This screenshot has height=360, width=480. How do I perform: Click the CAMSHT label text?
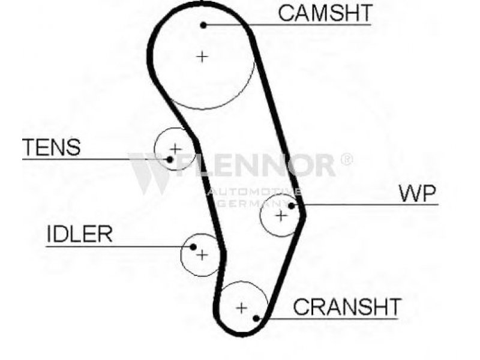tap(325, 13)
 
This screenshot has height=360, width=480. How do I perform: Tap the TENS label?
tap(52, 147)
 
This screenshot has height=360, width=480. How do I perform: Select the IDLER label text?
tap(80, 234)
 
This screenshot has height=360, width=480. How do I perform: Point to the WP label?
tap(418, 193)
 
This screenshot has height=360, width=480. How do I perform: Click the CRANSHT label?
tap(347, 307)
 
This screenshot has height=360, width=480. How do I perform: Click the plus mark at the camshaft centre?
tap(202, 56)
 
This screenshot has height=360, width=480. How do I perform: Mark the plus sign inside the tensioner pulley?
tap(176, 149)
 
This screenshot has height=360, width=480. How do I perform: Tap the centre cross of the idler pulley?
tap(202, 254)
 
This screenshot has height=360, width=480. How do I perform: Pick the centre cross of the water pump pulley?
tap(281, 216)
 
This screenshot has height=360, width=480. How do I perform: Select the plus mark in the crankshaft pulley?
tap(242, 308)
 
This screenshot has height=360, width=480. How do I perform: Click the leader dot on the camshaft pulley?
tap(203, 25)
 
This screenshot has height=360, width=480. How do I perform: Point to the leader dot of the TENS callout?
tap(170, 159)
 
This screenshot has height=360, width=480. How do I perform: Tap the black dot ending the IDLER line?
tap(193, 247)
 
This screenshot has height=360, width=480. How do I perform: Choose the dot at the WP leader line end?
tap(292, 206)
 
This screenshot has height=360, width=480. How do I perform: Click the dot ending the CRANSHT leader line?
tap(257, 319)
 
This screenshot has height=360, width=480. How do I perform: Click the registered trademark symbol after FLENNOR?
tap(347, 159)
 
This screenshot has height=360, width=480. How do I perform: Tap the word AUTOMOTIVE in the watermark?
tap(254, 192)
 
